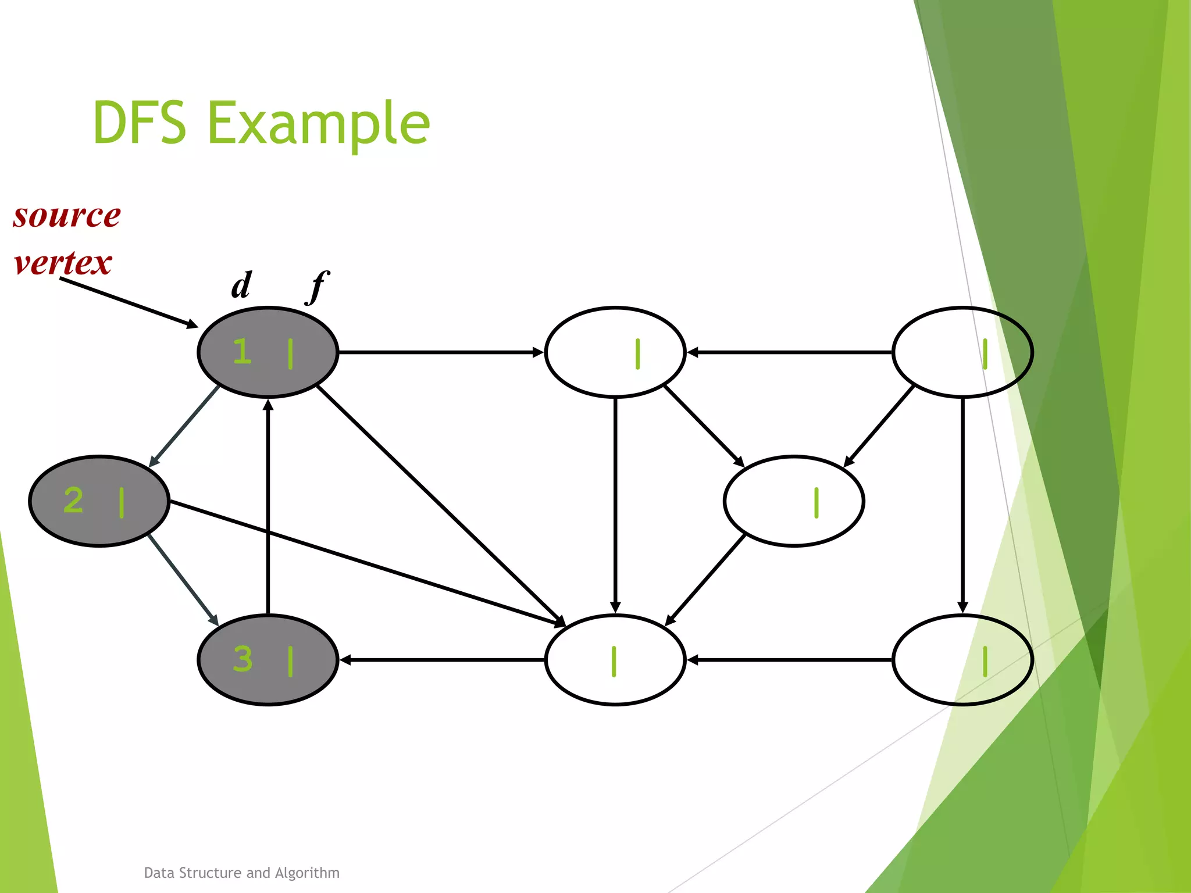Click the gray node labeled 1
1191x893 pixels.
coord(268,352)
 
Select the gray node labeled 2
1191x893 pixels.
coord(99,501)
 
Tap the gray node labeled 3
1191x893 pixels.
coord(268,660)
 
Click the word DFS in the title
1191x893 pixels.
coord(140,123)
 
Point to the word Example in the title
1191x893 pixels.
coord(319,123)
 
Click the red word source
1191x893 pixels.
coord(67,216)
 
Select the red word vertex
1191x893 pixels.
coord(63,263)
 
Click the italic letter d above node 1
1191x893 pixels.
coord(241,285)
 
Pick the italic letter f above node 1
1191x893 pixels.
coord(318,286)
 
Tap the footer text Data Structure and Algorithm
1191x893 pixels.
coord(241,873)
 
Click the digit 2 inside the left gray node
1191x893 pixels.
coord(74,501)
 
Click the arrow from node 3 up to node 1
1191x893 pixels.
coord(268,506)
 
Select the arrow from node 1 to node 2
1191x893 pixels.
coord(184,426)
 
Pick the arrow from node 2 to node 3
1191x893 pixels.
coord(183,580)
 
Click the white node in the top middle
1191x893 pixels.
coord(615,352)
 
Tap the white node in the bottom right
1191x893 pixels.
coord(962,660)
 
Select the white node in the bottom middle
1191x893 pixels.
coord(615,660)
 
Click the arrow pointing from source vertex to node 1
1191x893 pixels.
coord(128,302)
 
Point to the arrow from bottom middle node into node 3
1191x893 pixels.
coord(442,660)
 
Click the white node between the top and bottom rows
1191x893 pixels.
coord(794,501)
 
